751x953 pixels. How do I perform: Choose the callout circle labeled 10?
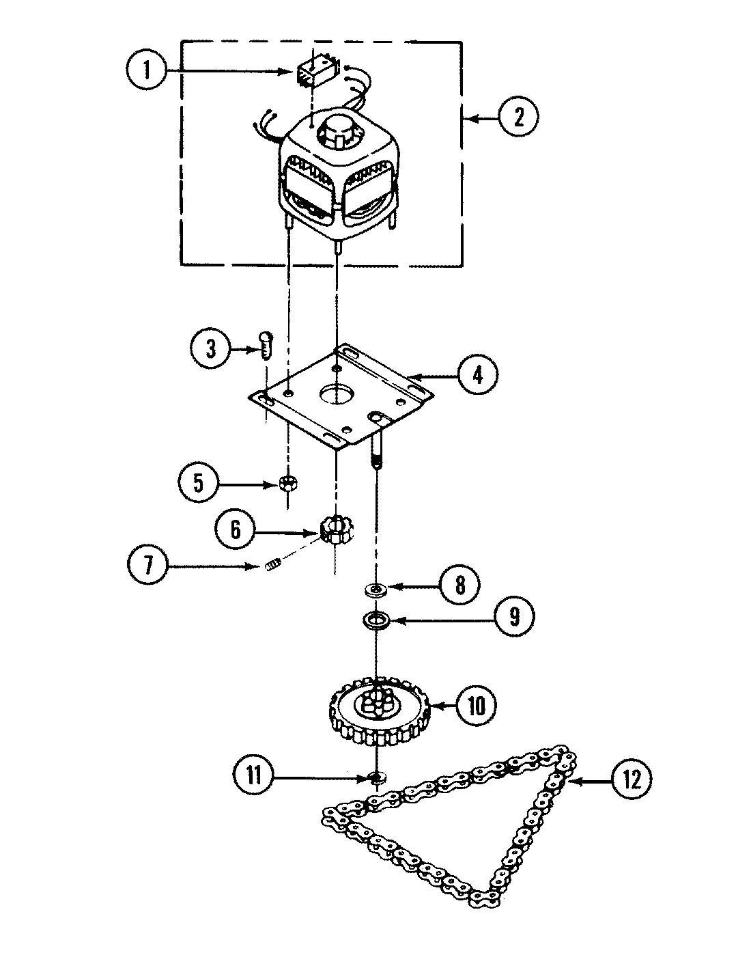(x=476, y=704)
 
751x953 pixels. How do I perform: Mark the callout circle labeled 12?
(x=632, y=779)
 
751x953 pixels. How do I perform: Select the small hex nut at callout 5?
(x=287, y=484)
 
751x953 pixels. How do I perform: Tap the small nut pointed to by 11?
(x=375, y=777)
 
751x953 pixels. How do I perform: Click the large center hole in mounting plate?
(x=335, y=395)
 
